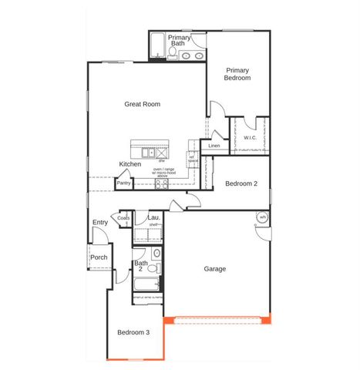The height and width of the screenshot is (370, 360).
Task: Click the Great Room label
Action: [143, 103]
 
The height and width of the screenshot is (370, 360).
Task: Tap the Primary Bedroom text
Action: [237, 73]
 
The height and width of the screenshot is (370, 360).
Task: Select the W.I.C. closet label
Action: [250, 138]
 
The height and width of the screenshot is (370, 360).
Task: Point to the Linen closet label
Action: [214, 145]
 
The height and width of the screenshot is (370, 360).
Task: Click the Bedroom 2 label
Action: [241, 183]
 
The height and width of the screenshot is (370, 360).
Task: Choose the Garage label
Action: [214, 269]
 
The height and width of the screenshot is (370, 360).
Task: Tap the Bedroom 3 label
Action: [133, 332]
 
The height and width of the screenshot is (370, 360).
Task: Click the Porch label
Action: [99, 257]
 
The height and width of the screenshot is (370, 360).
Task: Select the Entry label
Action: [100, 223]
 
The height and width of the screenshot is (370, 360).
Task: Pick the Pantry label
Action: [123, 183]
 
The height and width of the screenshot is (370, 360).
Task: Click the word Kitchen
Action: [130, 164]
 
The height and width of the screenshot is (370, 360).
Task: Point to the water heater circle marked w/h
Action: [262, 217]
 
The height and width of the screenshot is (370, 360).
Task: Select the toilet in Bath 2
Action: [153, 269]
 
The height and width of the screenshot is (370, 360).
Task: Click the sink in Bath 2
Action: [156, 253]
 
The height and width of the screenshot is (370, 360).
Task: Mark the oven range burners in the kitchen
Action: [162, 183]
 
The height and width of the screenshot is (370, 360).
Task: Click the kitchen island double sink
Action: [148, 153]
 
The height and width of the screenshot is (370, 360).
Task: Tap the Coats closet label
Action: [123, 218]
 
